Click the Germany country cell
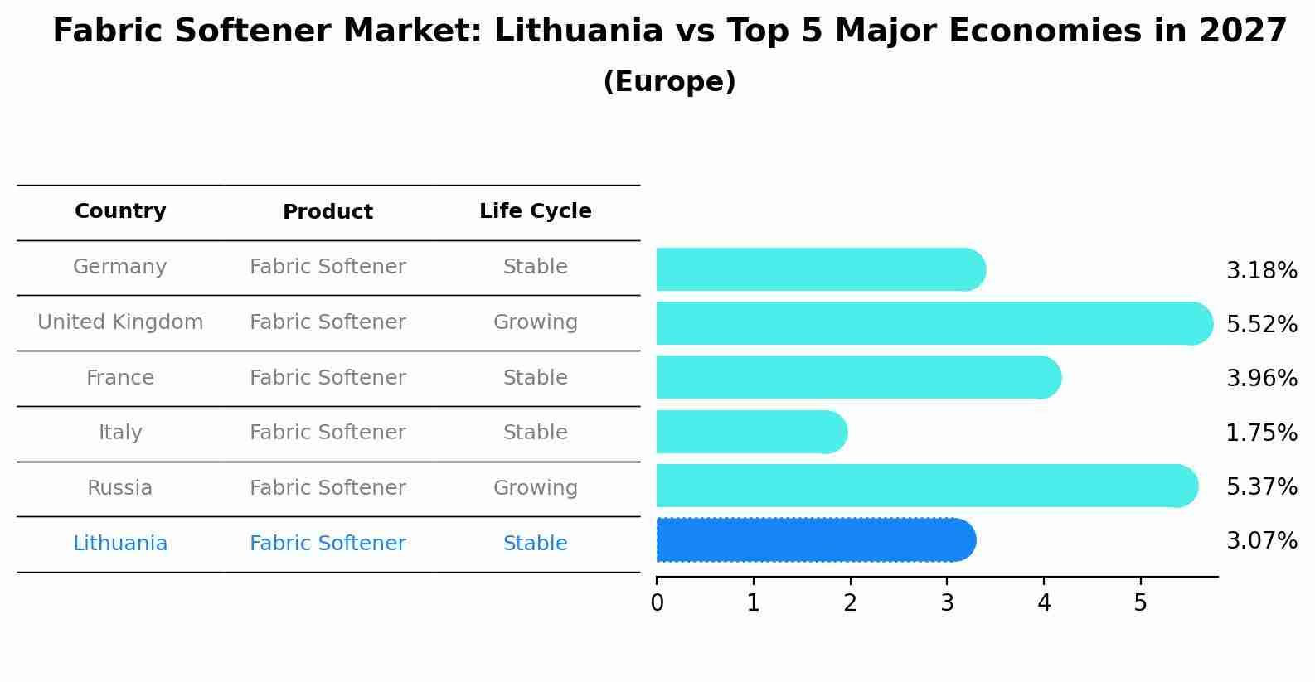[120, 267]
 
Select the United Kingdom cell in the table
[120, 322]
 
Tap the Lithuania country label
[120, 544]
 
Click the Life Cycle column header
[535, 211]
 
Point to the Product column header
[328, 212]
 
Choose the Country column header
[120, 211]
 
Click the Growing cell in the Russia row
[535, 488]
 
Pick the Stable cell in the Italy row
[535, 433]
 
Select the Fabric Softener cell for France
[328, 378]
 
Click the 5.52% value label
[1261, 324]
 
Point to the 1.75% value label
[1261, 433]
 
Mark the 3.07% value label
[1261, 541]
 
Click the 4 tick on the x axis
[1044, 603]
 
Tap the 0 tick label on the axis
[657, 603]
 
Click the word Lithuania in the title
[579, 31]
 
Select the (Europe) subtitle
[669, 82]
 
